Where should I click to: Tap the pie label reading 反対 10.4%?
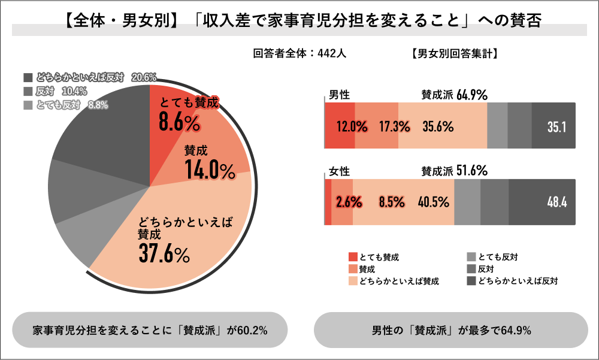tap(61, 92)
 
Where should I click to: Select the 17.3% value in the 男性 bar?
tap(394, 127)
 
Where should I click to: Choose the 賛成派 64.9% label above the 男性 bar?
tap(454, 95)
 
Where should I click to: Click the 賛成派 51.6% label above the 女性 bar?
tap(454, 171)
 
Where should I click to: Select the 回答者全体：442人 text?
tap(299, 53)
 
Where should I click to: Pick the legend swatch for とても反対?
tap(471, 257)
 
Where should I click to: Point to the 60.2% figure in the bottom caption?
tap(252, 330)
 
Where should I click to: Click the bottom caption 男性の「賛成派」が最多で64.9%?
tap(451, 330)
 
